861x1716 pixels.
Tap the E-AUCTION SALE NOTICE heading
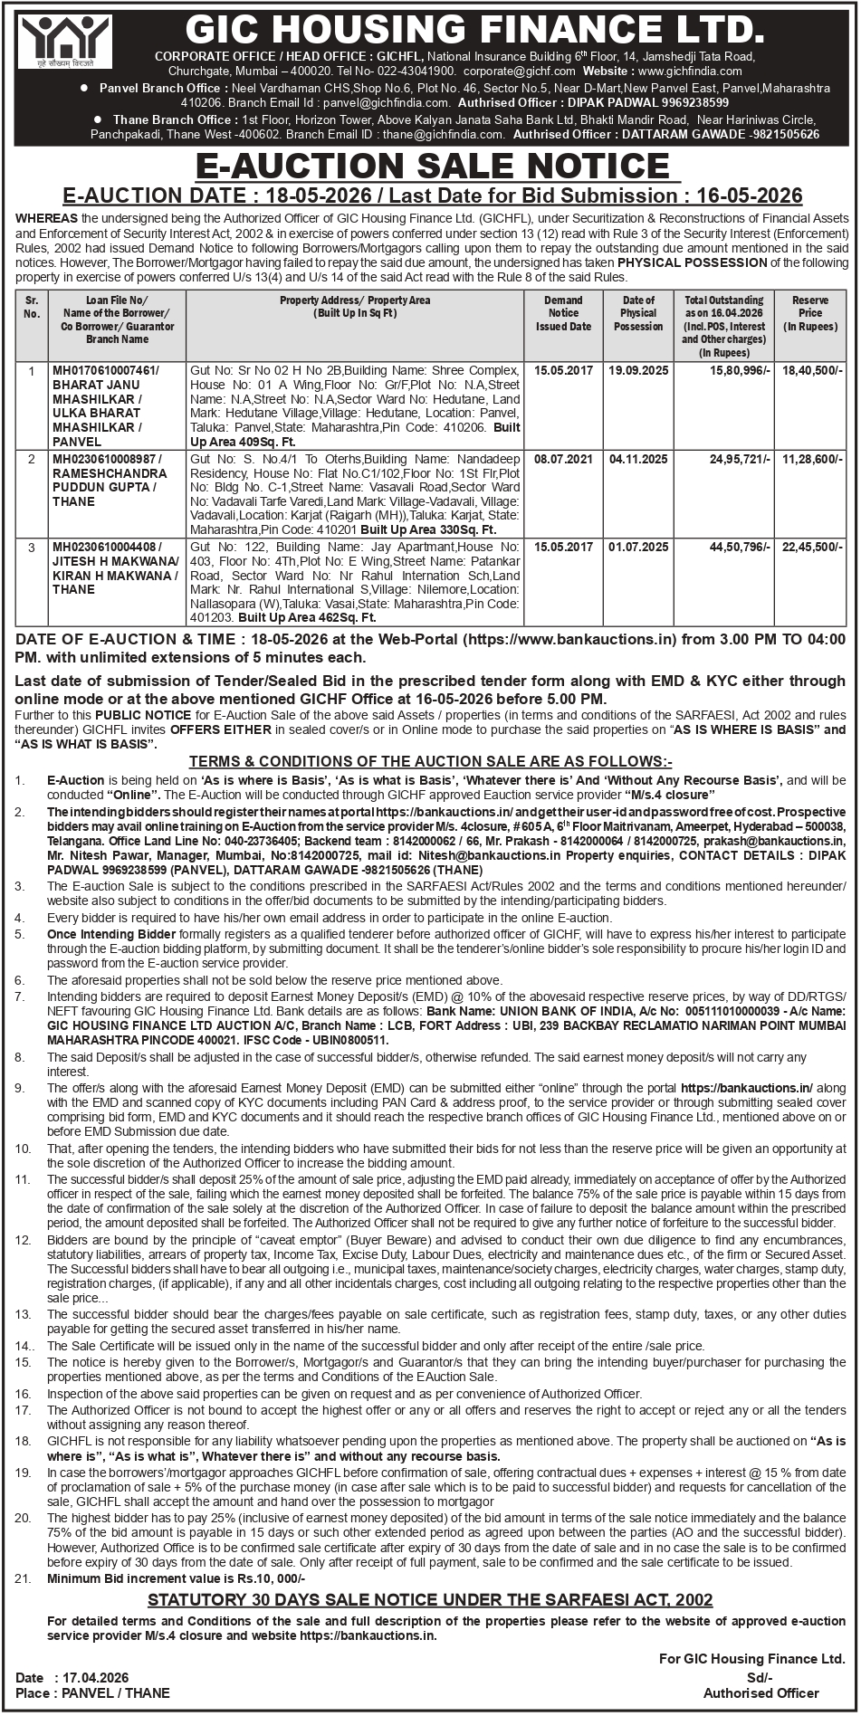[x=432, y=167]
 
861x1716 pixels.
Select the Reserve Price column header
[x=809, y=312]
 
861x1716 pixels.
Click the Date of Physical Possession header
[x=638, y=312]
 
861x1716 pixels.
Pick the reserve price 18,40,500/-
[x=812, y=370]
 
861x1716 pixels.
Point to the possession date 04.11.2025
[x=638, y=459]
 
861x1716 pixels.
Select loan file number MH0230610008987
[x=106, y=459]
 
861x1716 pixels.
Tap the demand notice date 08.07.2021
[x=563, y=459]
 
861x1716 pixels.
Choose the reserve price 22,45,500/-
[x=812, y=547]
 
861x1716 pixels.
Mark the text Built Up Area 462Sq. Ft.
[x=307, y=617]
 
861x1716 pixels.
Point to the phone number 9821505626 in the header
[x=785, y=134]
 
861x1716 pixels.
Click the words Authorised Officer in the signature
[x=761, y=1692]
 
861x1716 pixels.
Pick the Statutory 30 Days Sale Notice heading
[x=430, y=1599]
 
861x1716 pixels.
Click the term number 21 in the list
[x=23, y=1578]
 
